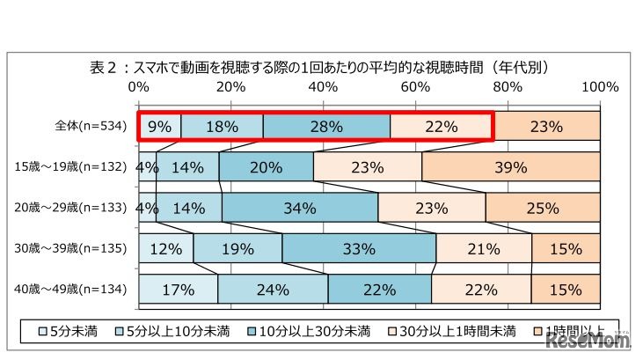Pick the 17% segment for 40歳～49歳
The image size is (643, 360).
coord(178,290)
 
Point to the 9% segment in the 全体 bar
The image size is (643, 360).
coord(159,126)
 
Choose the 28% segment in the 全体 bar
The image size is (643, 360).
coord(325,126)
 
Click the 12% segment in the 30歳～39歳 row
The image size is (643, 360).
coord(165,249)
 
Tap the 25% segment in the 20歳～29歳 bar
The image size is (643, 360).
coord(543,209)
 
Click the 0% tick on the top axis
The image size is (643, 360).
coord(138,87)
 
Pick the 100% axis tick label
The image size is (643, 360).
coord(601,87)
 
